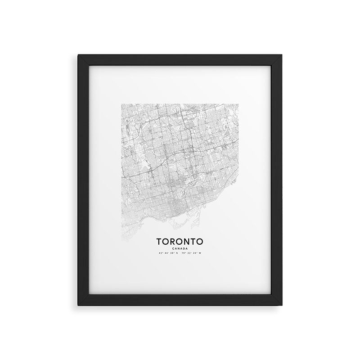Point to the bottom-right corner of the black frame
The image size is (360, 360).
[x=281, y=306]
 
